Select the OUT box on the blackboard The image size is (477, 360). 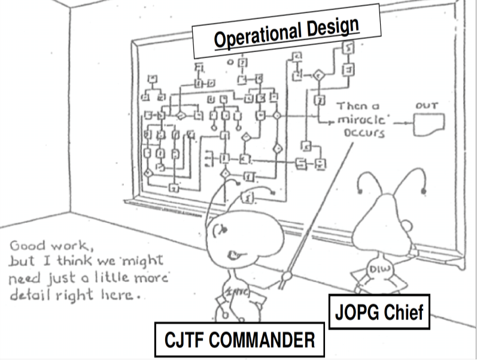(430, 122)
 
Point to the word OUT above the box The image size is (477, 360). (427, 106)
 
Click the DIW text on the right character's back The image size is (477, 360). (379, 268)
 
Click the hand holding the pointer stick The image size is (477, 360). (287, 276)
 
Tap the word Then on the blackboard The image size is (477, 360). (350, 106)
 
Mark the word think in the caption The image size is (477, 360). (69, 262)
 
